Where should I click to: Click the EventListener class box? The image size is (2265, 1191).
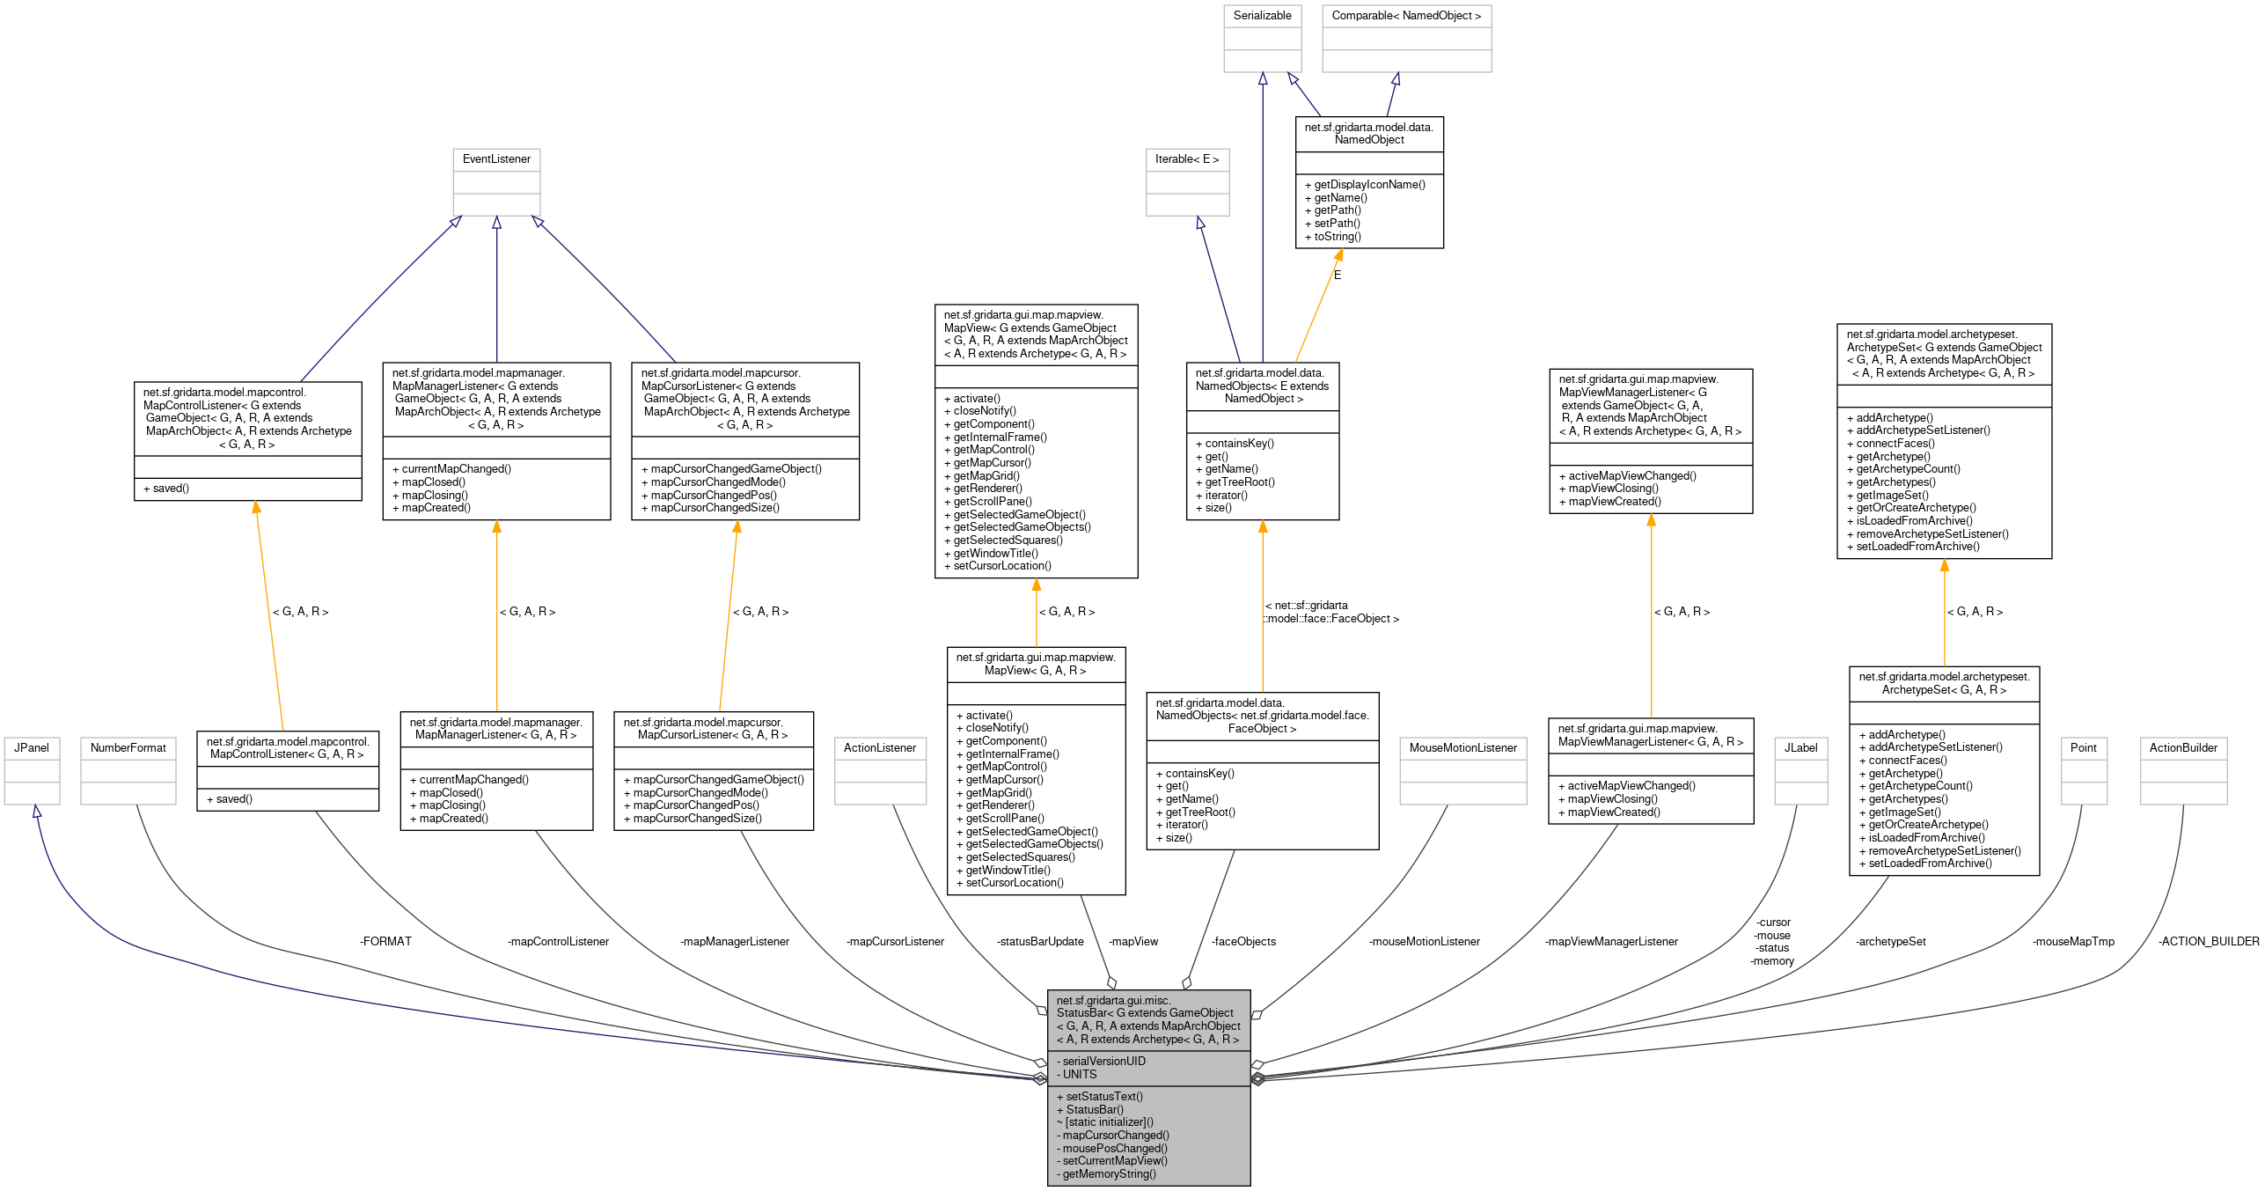click(x=496, y=180)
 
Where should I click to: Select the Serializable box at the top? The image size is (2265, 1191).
click(x=1262, y=38)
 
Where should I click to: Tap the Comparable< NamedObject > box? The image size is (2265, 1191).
click(x=1406, y=38)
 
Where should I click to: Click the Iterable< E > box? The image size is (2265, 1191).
click(x=1187, y=180)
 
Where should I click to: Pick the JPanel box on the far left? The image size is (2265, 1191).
click(x=32, y=769)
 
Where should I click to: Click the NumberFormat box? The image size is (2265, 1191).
click(x=128, y=769)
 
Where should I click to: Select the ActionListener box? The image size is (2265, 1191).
click(x=880, y=769)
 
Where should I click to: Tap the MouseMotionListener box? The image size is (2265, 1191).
click(x=1462, y=769)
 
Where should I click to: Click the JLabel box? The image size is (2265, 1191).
click(x=1800, y=769)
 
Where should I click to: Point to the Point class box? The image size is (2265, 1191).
click(x=2083, y=769)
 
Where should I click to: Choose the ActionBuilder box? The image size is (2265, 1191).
click(x=2183, y=769)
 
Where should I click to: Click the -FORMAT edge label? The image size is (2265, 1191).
click(x=385, y=941)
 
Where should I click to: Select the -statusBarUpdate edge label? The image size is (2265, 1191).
click(x=1040, y=941)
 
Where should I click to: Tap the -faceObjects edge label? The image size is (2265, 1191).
click(x=1243, y=941)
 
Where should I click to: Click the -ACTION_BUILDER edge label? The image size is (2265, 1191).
click(x=2209, y=941)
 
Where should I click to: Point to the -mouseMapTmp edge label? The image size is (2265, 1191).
click(x=2073, y=941)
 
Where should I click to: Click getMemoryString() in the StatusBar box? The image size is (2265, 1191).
click(x=1109, y=1173)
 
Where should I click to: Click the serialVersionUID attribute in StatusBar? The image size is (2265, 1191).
click(x=1103, y=1061)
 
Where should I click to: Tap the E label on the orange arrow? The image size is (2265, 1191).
click(x=1338, y=275)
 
